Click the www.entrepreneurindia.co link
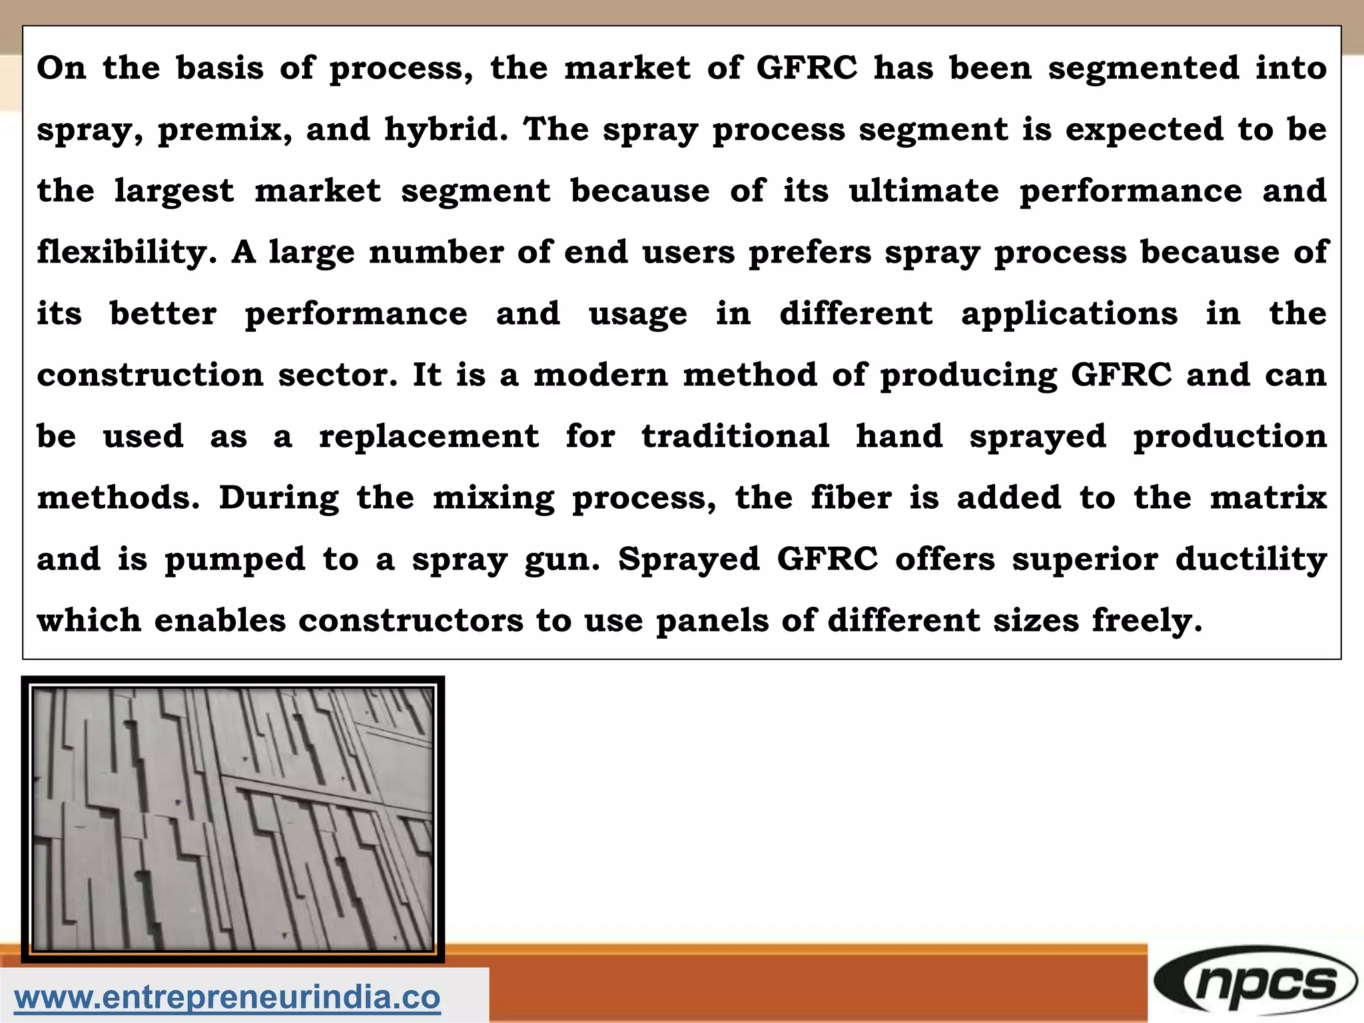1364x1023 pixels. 227,997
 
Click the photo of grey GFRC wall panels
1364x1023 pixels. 232,819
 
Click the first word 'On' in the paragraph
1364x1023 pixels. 61,68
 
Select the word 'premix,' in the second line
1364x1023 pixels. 224,130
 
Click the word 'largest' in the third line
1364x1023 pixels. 174,192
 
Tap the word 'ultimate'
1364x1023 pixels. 924,190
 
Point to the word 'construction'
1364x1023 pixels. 150,375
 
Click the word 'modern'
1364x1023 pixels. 600,375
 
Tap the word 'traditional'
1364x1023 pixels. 735,436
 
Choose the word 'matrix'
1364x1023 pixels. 1268,498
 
